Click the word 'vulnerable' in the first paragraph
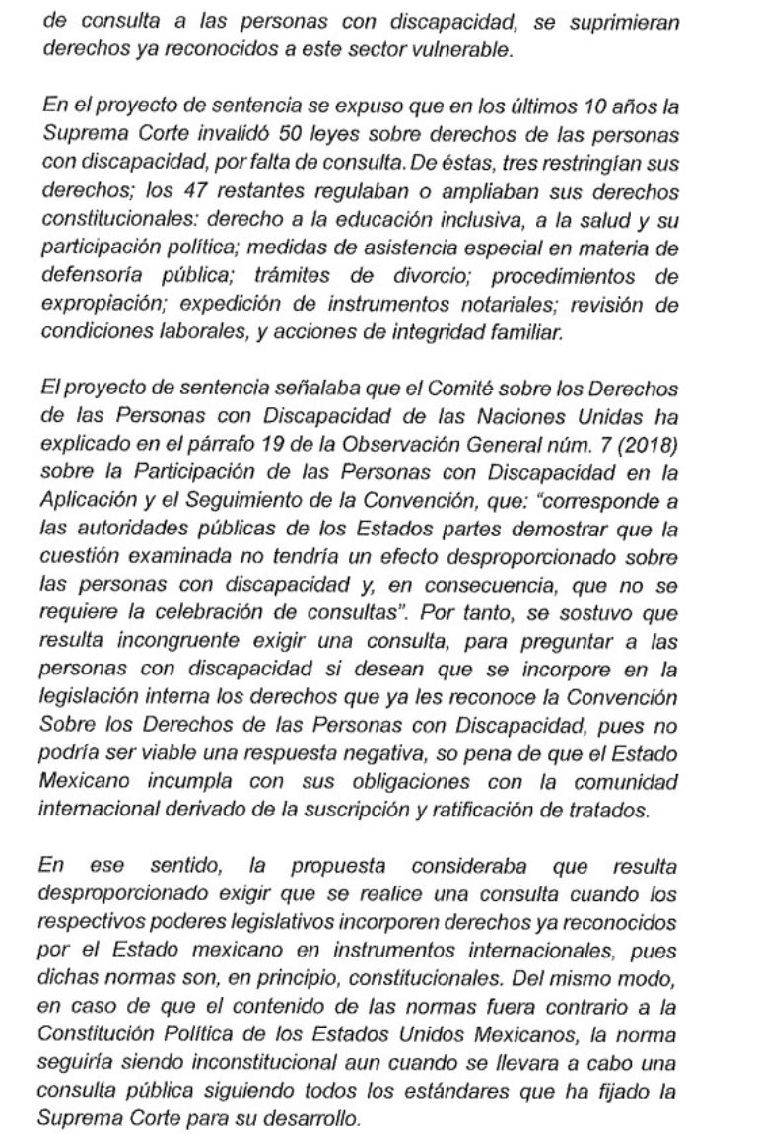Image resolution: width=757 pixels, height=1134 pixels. [467, 51]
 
